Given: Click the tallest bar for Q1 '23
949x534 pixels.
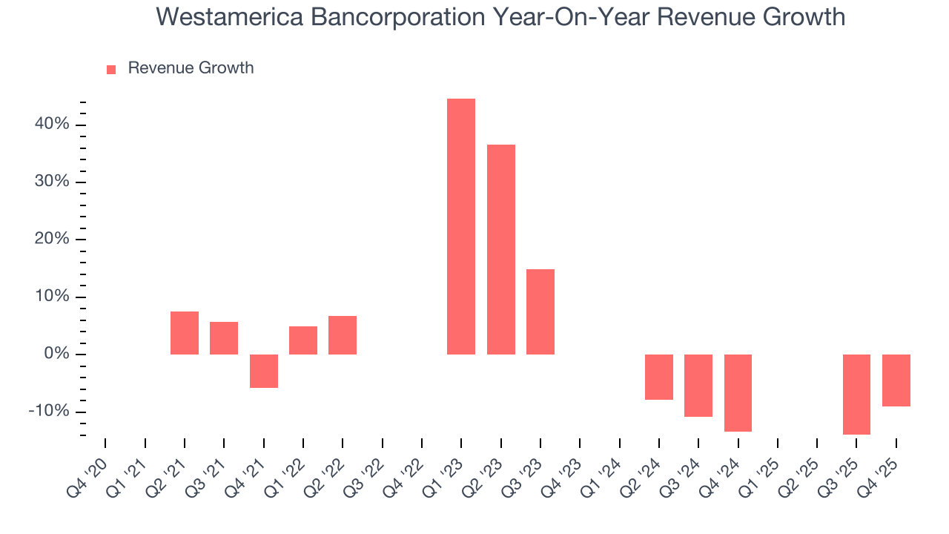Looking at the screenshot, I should tap(461, 226).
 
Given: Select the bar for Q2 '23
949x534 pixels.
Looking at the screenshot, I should tap(500, 249).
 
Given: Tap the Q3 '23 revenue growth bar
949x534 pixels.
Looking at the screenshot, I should tap(540, 311).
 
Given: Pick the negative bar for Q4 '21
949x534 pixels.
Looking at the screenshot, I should tap(263, 371).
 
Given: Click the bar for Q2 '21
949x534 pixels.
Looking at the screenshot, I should tap(185, 333).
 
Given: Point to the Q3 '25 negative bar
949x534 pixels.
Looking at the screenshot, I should tap(856, 394).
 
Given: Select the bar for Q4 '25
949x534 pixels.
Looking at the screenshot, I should tap(896, 380).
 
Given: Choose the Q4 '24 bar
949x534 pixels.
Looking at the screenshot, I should tap(738, 392).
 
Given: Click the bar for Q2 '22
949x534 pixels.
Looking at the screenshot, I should tap(343, 335).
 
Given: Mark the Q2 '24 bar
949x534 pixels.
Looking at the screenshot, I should tap(658, 377).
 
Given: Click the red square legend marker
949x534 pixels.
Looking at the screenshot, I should tap(111, 69).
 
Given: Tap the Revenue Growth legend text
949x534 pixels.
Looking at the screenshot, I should tap(191, 68).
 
